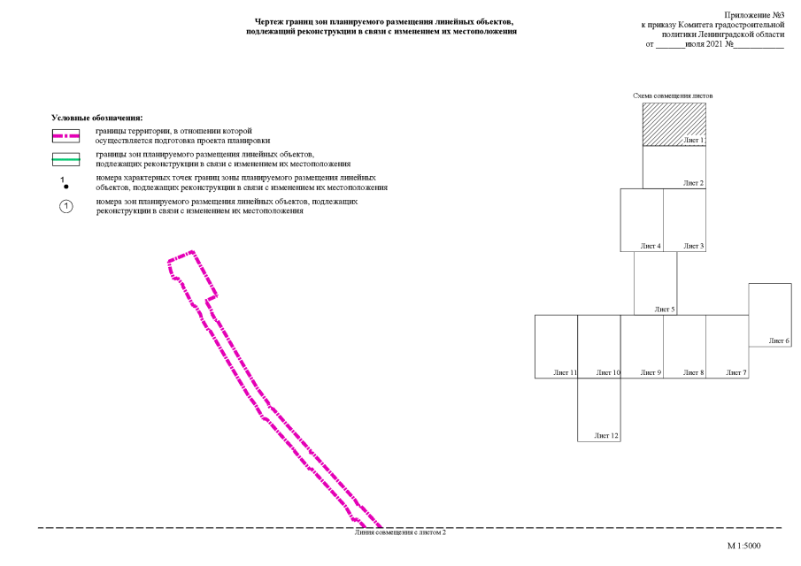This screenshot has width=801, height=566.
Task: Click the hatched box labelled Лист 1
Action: point(674,125)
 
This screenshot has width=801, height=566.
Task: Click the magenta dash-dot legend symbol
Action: point(65,136)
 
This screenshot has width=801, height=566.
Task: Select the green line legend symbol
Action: point(65,159)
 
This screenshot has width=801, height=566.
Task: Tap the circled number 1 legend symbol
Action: point(65,206)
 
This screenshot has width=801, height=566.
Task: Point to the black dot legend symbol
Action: point(65,187)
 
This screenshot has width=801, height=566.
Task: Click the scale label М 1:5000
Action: point(743,546)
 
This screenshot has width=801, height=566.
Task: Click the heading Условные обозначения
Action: point(97,118)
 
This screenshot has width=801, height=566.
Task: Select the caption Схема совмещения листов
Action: point(673,96)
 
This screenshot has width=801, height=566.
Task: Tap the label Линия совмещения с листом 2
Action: point(400,532)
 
